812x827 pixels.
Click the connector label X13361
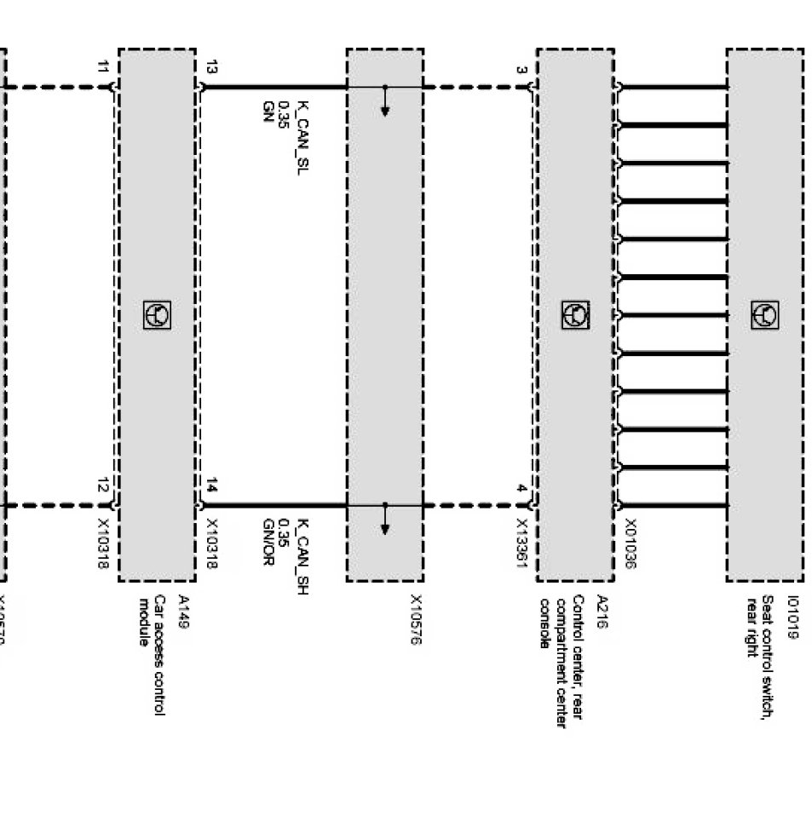pyautogui.click(x=521, y=544)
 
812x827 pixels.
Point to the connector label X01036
pyautogui.click(x=631, y=544)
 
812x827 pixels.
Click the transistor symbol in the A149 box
pyautogui.click(x=157, y=315)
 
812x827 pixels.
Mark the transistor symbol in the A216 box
pyautogui.click(x=575, y=315)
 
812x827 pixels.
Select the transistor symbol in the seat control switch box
pyautogui.click(x=764, y=315)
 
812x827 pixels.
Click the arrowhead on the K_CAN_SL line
pyautogui.click(x=385, y=110)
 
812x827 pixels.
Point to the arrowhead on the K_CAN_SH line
pyautogui.click(x=385, y=529)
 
